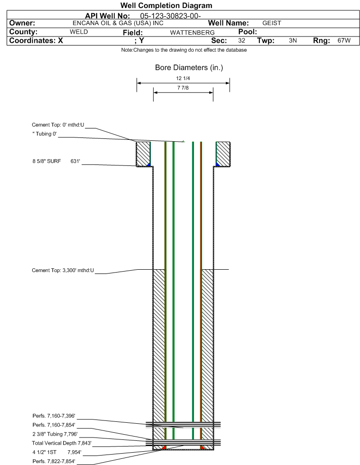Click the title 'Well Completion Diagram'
(166, 5)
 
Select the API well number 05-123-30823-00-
(170, 16)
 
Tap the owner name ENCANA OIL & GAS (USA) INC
(118, 23)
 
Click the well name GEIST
(272, 23)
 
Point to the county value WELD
(79, 32)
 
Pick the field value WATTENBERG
(192, 32)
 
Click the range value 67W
(344, 40)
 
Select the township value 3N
(293, 40)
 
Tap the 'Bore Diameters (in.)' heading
(189, 68)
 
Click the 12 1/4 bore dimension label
(183, 78)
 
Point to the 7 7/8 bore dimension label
(183, 88)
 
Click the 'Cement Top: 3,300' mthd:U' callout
(63, 271)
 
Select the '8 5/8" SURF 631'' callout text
(56, 161)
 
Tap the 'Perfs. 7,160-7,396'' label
(54, 416)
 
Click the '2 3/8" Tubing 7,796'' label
(55, 434)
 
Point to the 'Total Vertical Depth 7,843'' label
(62, 443)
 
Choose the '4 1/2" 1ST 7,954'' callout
(57, 452)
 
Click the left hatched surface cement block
(143, 154)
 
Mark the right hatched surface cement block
(223, 154)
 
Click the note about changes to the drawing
(184, 50)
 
